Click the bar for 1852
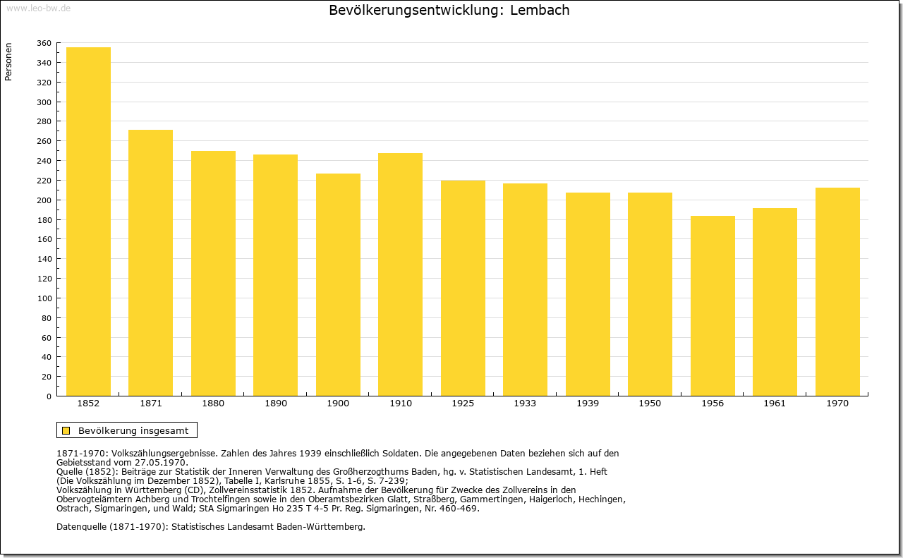pyautogui.click(x=88, y=222)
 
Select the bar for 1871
pyautogui.click(x=150, y=262)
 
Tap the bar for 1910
pyautogui.click(x=400, y=274)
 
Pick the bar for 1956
pyautogui.click(x=713, y=305)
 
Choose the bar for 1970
pyautogui.click(x=837, y=291)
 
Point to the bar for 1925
pyautogui.click(x=463, y=288)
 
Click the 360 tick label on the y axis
pyautogui.click(x=44, y=43)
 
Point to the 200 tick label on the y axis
pyautogui.click(x=44, y=200)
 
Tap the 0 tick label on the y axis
pyautogui.click(x=49, y=396)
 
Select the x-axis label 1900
pyautogui.click(x=338, y=404)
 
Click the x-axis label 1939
pyautogui.click(x=588, y=404)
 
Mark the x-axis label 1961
pyautogui.click(x=775, y=404)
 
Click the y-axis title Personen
pyautogui.click(x=8, y=61)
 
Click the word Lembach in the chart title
pyautogui.click(x=540, y=10)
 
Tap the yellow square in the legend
pyautogui.click(x=66, y=430)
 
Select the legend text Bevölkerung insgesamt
pyautogui.click(x=133, y=430)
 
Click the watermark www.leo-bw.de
pyautogui.click(x=38, y=8)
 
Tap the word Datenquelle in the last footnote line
pyautogui.click(x=82, y=527)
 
